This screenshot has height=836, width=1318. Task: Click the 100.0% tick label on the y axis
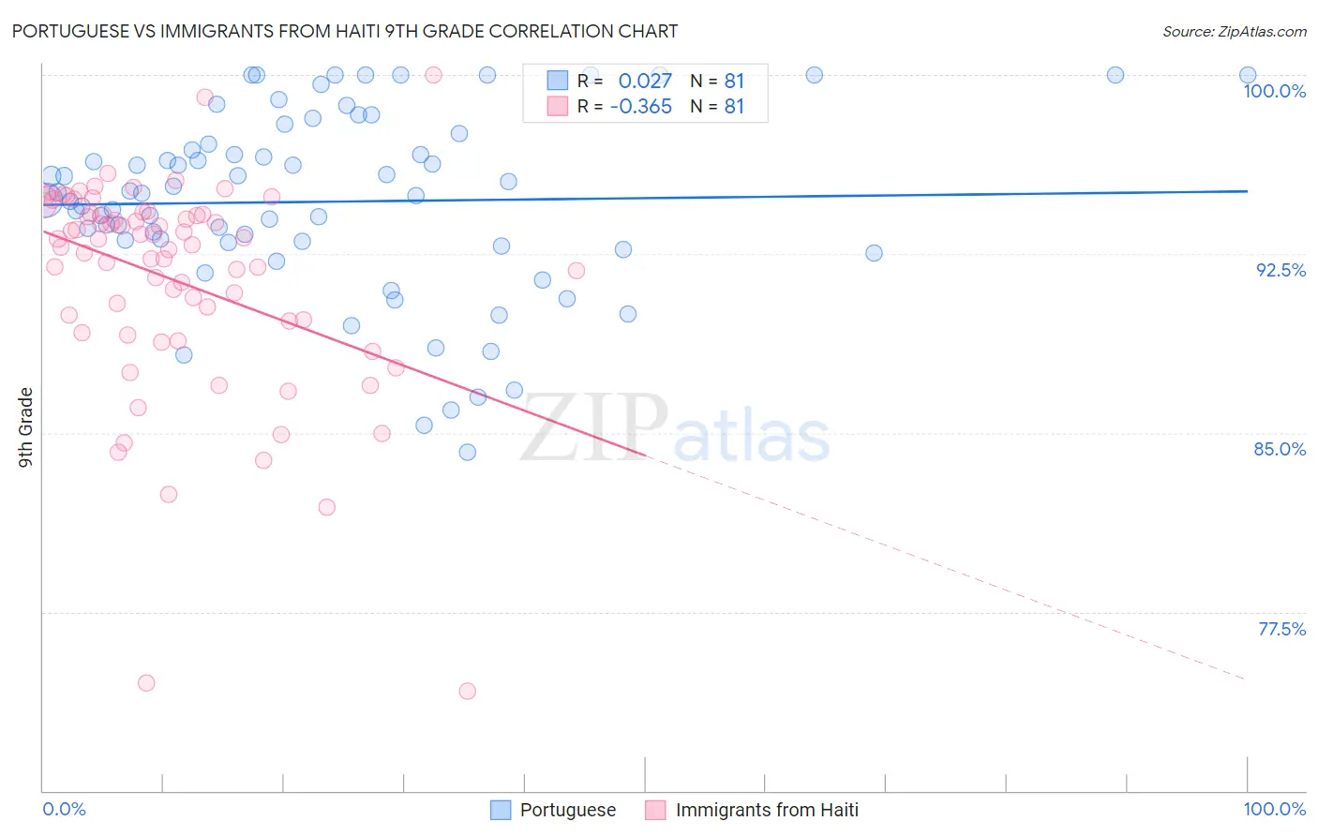pyautogui.click(x=1274, y=91)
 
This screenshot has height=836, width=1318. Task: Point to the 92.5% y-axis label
pyautogui.click(x=1281, y=270)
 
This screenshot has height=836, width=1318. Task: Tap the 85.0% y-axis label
pyautogui.click(x=1280, y=449)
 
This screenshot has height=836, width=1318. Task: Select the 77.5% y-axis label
pyautogui.click(x=1281, y=629)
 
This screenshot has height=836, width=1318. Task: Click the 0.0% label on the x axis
pyautogui.click(x=64, y=809)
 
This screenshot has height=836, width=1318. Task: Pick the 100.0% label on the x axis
pyautogui.click(x=1274, y=809)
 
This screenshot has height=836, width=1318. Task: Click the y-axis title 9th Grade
pyautogui.click(x=25, y=427)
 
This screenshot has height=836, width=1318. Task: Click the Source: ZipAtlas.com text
pyautogui.click(x=1234, y=31)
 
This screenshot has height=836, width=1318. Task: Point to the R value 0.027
pyautogui.click(x=645, y=81)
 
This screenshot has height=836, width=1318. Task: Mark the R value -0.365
pyautogui.click(x=640, y=107)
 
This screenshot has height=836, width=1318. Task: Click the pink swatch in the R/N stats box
pyautogui.click(x=558, y=107)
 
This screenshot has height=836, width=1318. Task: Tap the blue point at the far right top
pyautogui.click(x=1248, y=75)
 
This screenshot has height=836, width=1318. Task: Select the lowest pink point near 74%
pyautogui.click(x=467, y=691)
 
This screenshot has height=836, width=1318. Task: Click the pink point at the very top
pyautogui.click(x=433, y=75)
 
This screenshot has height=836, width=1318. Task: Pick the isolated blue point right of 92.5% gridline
pyautogui.click(x=874, y=253)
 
